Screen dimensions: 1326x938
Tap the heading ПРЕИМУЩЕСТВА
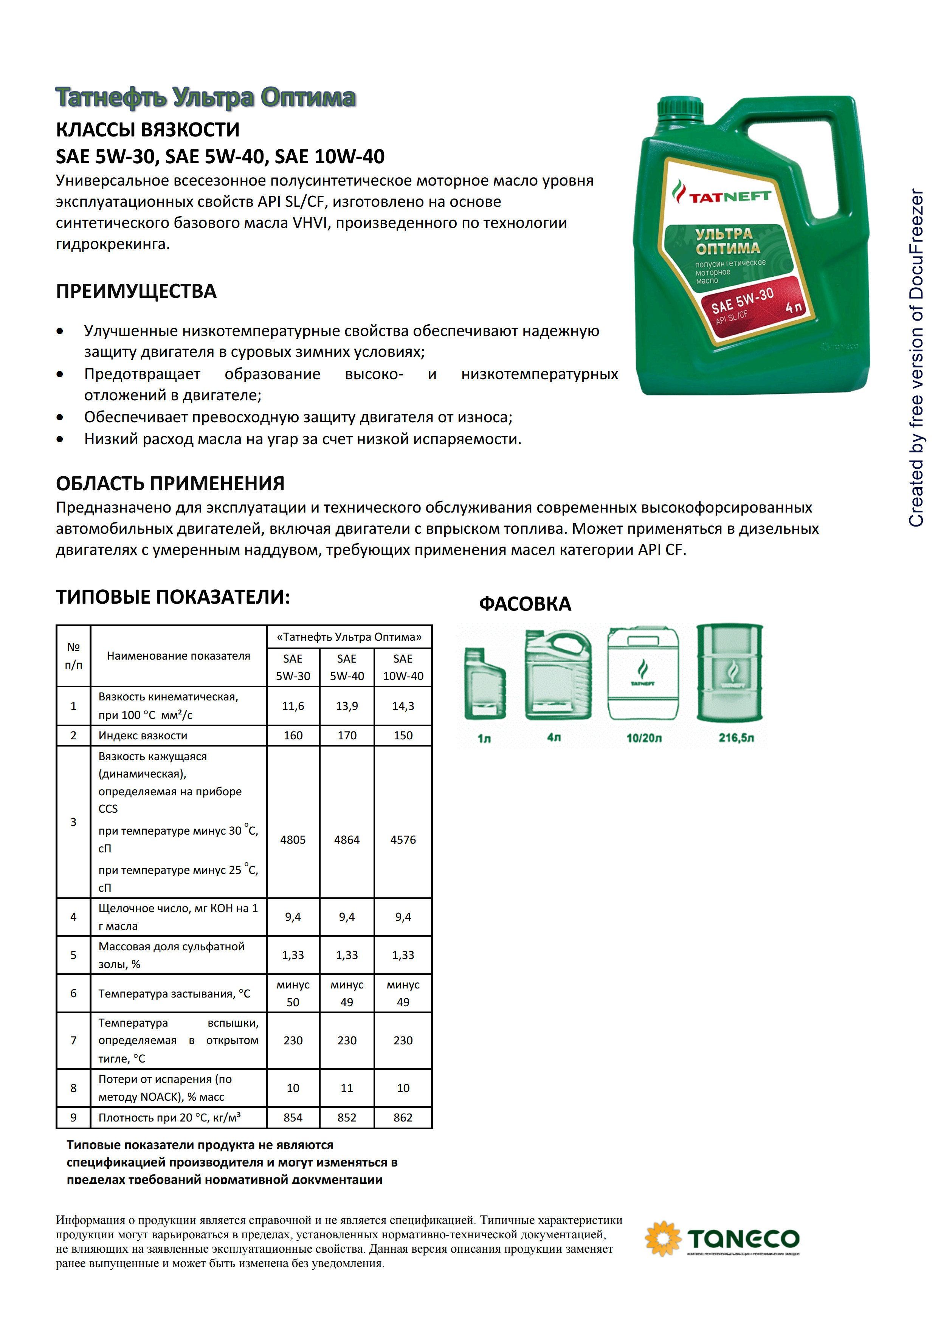[x=136, y=291]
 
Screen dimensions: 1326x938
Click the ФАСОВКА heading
[x=525, y=604]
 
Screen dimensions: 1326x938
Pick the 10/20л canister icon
[x=643, y=675]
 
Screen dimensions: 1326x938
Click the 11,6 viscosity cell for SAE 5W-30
[x=293, y=706]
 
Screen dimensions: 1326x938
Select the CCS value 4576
[x=403, y=840]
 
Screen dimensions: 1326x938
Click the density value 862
[x=403, y=1117]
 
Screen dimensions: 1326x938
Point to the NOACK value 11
[x=347, y=1088]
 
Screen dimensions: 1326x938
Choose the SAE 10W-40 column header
[x=403, y=667]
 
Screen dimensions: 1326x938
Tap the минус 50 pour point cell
[x=293, y=993]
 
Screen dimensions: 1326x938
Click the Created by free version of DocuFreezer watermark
[x=916, y=358]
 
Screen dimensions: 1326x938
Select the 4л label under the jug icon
[x=553, y=737]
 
